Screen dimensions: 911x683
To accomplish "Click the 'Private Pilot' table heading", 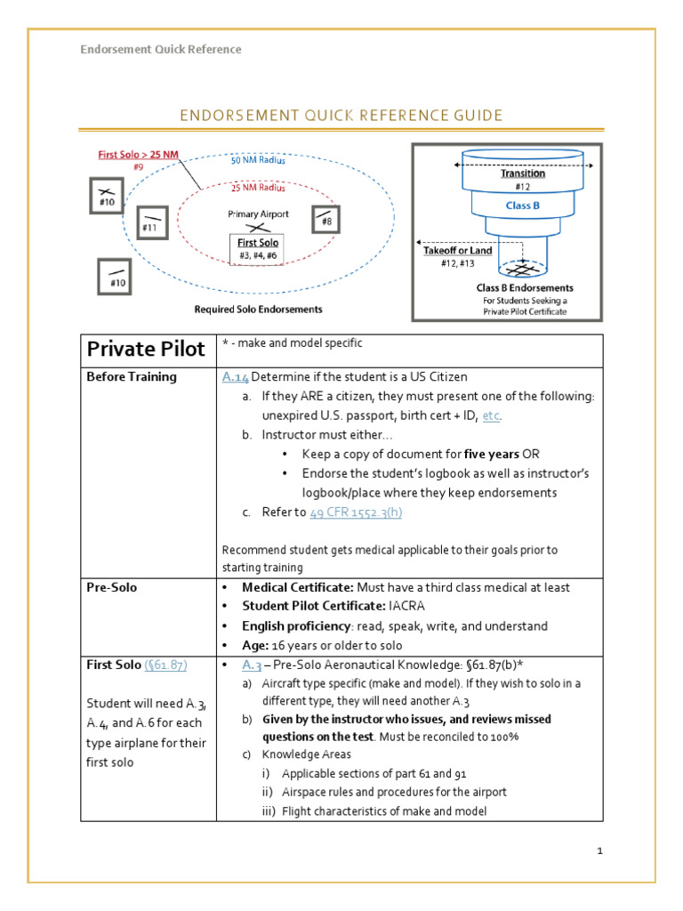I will click(x=141, y=349).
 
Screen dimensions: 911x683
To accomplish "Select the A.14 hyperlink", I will click(x=236, y=376).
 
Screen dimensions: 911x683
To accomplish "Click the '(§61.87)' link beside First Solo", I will click(x=165, y=665).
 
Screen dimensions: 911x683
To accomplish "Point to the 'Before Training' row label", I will click(x=132, y=376).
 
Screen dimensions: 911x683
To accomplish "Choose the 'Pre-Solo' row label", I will click(x=111, y=588).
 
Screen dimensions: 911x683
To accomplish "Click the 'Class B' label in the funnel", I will click(x=522, y=206).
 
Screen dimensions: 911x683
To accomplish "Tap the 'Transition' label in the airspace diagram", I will click(x=522, y=173).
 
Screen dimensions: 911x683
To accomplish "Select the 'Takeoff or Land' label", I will click(x=457, y=252).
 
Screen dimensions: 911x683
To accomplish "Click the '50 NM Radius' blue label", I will click(x=259, y=161).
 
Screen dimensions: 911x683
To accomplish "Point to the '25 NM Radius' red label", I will click(x=259, y=188).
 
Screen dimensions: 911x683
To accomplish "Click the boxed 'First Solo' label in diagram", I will click(x=258, y=243).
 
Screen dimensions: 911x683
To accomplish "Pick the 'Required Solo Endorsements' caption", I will click(x=258, y=310).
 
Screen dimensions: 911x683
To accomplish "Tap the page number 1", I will click(x=600, y=851).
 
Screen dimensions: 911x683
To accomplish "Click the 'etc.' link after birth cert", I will click(x=492, y=415).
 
